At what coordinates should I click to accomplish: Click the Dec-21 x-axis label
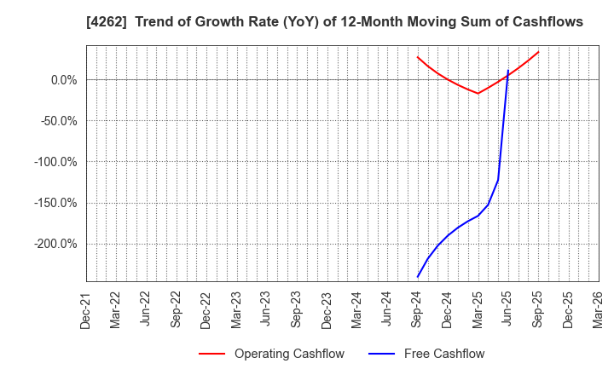86,309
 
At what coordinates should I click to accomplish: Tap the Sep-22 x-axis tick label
177,309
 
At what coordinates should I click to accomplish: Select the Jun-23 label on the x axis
267,309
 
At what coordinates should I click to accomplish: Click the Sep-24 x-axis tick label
418,309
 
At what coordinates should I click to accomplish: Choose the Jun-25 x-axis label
508,309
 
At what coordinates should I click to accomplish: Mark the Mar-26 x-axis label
599,309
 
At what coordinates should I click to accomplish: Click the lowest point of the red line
478,93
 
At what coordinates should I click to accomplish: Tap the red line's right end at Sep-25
538,52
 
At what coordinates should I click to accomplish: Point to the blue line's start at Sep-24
418,277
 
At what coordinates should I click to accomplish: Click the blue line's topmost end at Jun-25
508,70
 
